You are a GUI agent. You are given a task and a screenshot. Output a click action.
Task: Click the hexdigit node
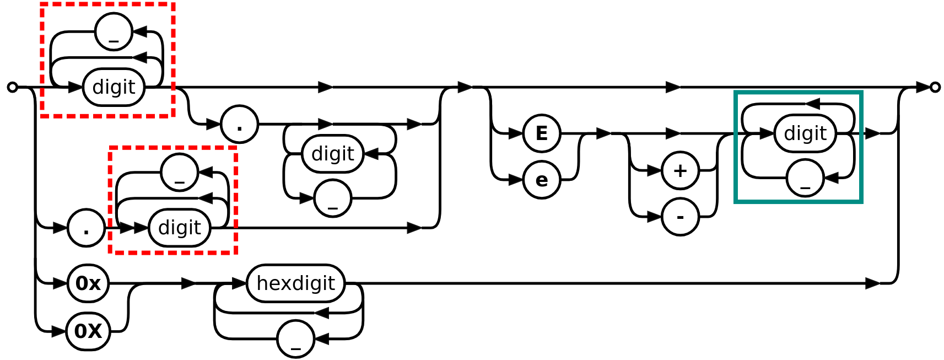(x=295, y=283)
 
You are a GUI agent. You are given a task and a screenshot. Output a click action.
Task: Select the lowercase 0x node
(x=88, y=283)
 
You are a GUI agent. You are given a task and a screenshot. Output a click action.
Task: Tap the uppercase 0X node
(x=88, y=331)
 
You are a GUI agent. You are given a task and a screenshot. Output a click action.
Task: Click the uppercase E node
(x=542, y=133)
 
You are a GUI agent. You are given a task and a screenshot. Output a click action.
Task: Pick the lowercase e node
(x=542, y=180)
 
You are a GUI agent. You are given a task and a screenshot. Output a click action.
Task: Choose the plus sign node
(x=681, y=170)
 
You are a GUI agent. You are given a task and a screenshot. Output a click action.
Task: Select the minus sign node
(x=681, y=217)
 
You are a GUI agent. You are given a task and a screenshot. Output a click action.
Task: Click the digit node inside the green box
(x=805, y=133)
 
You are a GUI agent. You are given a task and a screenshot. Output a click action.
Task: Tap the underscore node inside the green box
(x=805, y=178)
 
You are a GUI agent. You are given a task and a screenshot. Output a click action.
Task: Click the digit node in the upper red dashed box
(x=114, y=87)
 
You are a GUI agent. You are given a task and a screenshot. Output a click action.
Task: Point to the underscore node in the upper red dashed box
(x=114, y=32)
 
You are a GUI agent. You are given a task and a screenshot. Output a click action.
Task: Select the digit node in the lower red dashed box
(x=180, y=228)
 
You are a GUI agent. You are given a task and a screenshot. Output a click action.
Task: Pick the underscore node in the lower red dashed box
(x=180, y=173)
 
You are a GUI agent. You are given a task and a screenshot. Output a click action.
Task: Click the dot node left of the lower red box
(x=87, y=228)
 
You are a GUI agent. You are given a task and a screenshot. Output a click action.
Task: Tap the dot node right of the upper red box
(x=240, y=125)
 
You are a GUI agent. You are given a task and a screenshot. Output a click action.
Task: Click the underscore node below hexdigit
(x=296, y=339)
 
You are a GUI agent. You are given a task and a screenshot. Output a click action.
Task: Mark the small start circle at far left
(x=12, y=87)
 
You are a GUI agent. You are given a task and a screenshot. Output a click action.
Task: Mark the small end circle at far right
(x=935, y=87)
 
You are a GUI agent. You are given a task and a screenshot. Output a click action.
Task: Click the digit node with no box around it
(x=332, y=154)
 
